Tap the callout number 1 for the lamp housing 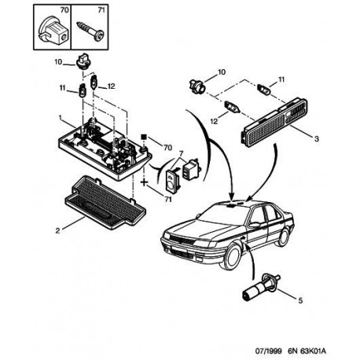60,118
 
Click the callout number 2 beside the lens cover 57,230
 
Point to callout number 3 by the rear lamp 317,138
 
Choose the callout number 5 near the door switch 300,300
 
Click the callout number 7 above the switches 181,153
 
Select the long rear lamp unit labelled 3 275,121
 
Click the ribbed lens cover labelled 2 105,202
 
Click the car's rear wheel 283,237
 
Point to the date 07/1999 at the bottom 269,351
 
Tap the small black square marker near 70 143,137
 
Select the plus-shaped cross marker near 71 145,182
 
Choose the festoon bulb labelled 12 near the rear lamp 232,108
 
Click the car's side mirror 255,225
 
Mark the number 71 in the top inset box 101,10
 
